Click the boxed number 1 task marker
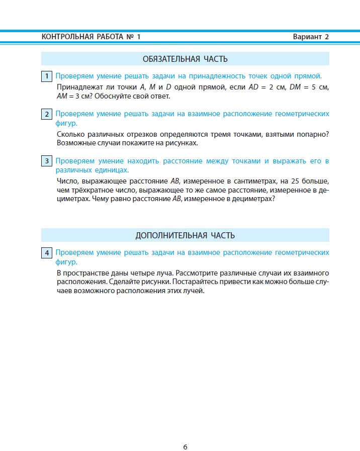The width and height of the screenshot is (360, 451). pyautogui.click(x=47, y=76)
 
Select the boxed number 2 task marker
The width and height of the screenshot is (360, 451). pyautogui.click(x=47, y=114)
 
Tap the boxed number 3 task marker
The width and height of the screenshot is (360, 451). pyautogui.click(x=47, y=161)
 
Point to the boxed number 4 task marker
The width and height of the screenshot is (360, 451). pyautogui.click(x=47, y=253)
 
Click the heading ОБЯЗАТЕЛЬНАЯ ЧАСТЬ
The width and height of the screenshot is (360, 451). pyautogui.click(x=185, y=59)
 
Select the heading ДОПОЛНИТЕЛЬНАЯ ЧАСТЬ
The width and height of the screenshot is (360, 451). pyautogui.click(x=185, y=235)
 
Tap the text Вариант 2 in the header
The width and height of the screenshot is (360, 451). pyautogui.click(x=311, y=37)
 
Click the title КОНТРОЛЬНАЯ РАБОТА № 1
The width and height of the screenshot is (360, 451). pyautogui.click(x=91, y=37)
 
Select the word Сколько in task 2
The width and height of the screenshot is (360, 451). pyautogui.click(x=70, y=134)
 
